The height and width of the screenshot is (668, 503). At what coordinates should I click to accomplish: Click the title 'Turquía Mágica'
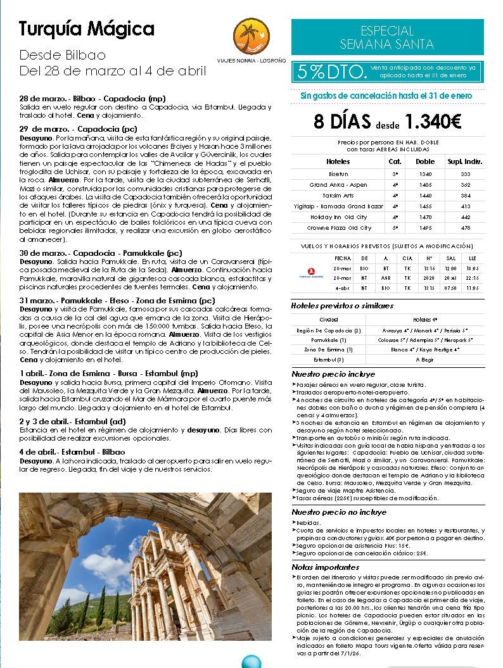pyautogui.click(x=87, y=29)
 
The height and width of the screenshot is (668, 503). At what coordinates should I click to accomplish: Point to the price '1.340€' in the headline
pyautogui.click(x=433, y=121)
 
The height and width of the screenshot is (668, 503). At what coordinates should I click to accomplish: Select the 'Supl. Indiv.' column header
pyautogui.click(x=465, y=161)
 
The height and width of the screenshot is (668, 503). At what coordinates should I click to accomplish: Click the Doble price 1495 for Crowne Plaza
pyautogui.click(x=424, y=228)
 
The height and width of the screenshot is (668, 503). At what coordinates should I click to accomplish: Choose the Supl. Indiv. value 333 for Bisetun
pyautogui.click(x=465, y=173)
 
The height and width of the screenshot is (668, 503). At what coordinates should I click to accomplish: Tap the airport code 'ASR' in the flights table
pyautogui.click(x=386, y=278)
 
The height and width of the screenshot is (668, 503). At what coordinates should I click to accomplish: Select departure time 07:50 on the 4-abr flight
pyautogui.click(x=450, y=289)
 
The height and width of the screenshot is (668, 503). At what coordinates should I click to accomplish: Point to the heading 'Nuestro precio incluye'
pyautogui.click(x=333, y=374)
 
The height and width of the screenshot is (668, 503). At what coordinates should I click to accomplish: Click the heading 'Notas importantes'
pyautogui.click(x=326, y=567)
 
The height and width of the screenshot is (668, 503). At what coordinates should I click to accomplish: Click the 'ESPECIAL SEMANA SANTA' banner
pyautogui.click(x=386, y=37)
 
